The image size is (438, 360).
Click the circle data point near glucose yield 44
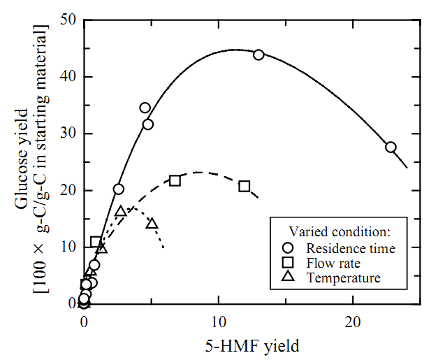[258, 55]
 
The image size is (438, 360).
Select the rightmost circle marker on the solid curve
[390, 147]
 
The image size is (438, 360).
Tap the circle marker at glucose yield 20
[119, 189]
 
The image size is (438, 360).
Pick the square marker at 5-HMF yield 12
[244, 186]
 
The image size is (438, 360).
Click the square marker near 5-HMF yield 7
[175, 180]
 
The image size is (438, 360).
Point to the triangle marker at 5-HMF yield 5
[152, 224]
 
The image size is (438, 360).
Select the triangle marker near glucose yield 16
[120, 211]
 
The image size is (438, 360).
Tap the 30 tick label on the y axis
[67, 134]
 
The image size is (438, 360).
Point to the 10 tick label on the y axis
[67, 247]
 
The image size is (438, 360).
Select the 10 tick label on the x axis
[219, 322]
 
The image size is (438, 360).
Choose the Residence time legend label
[351, 247]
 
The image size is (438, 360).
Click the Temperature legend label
[343, 278]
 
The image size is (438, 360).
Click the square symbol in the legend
[287, 263]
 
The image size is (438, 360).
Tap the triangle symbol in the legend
[287, 277]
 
